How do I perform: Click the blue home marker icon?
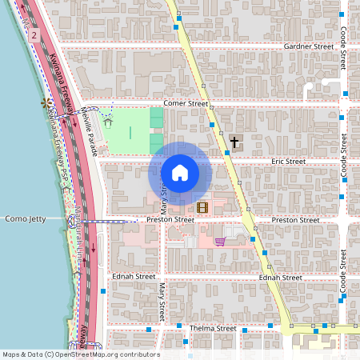[180, 173]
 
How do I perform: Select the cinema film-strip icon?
[202, 208]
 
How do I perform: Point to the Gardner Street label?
[308, 47]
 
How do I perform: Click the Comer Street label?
[186, 104]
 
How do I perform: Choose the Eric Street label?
[288, 162]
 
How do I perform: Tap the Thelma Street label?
[213, 328]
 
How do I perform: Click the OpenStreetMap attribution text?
[81, 354]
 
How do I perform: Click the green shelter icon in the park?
[106, 123]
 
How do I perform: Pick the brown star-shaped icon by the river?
[46, 103]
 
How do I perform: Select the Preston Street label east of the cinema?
[295, 220]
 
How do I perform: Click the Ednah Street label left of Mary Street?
[134, 276]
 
